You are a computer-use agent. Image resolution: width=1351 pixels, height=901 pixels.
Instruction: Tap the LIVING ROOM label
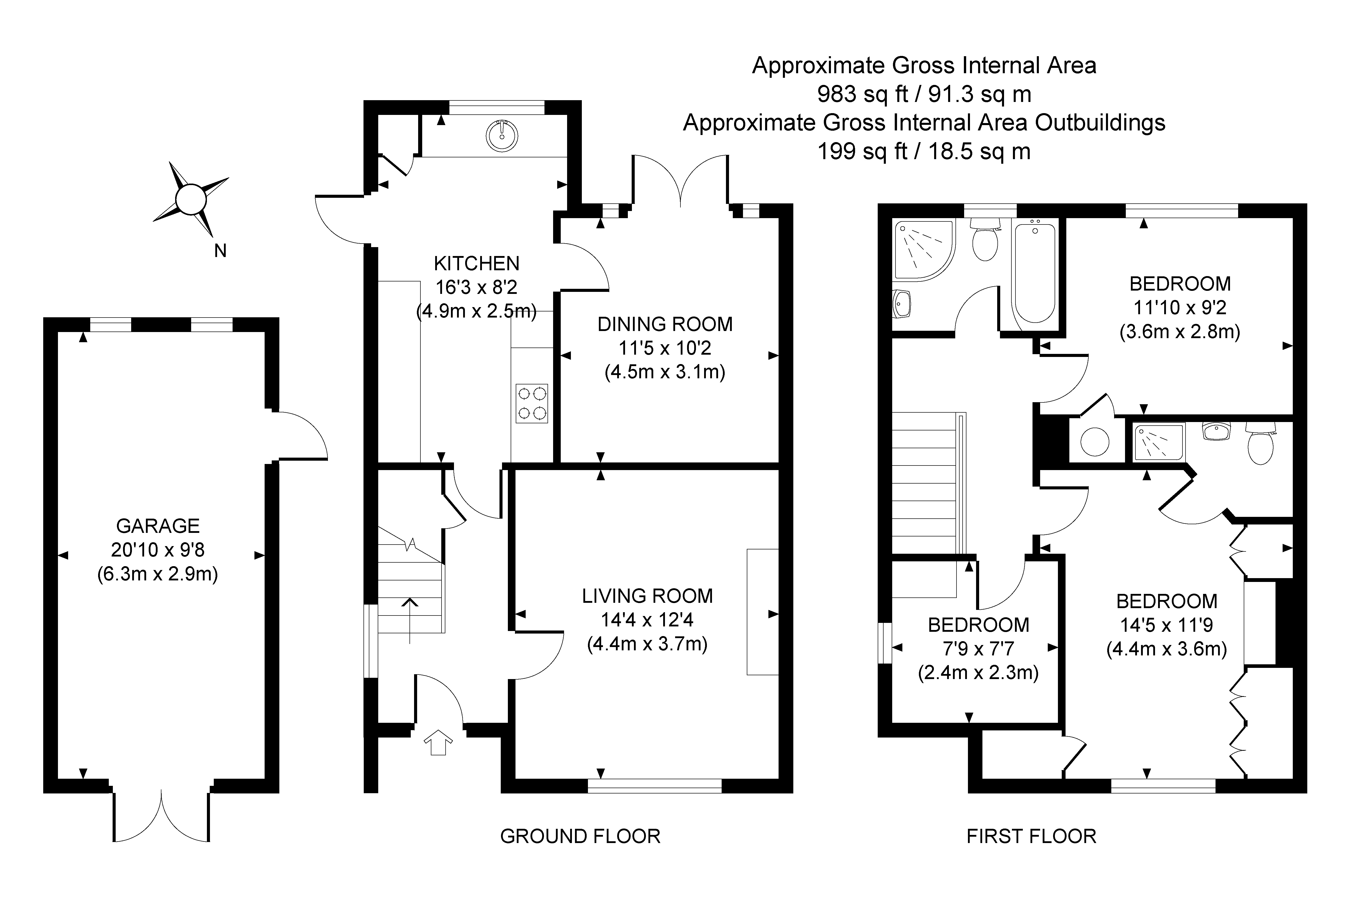pyautogui.click(x=647, y=596)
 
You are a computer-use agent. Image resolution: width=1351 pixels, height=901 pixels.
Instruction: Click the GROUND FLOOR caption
pyautogui.click(x=580, y=836)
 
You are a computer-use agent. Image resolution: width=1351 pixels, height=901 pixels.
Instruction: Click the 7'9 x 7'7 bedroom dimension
pyautogui.click(x=978, y=649)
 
